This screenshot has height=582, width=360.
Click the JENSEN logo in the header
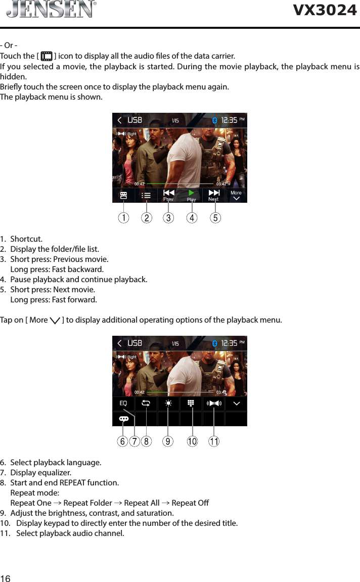coord(51,10)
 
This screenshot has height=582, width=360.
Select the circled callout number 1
coord(123,218)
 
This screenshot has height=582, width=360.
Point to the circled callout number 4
coord(192,218)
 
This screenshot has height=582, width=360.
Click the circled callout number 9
coord(168,441)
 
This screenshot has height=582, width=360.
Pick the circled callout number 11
coord(214,441)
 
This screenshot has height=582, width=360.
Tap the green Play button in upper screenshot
coord(191,194)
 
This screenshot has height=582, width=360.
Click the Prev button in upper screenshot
coord(168,195)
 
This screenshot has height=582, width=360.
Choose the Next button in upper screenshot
coord(214,195)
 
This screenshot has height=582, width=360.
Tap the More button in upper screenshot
coord(236,195)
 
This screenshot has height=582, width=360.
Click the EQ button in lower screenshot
coord(123,404)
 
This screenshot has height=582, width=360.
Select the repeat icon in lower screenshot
coord(146,404)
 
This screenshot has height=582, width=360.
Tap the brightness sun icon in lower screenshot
coord(168,404)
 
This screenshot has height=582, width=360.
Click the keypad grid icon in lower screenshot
coord(191,404)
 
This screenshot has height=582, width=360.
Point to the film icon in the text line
coord(47,56)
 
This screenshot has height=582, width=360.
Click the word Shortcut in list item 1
coord(26,239)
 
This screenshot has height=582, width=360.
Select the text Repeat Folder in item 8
coord(87,503)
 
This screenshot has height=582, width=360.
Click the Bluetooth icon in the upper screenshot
coord(214,120)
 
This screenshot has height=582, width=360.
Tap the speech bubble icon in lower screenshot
coord(123,419)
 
